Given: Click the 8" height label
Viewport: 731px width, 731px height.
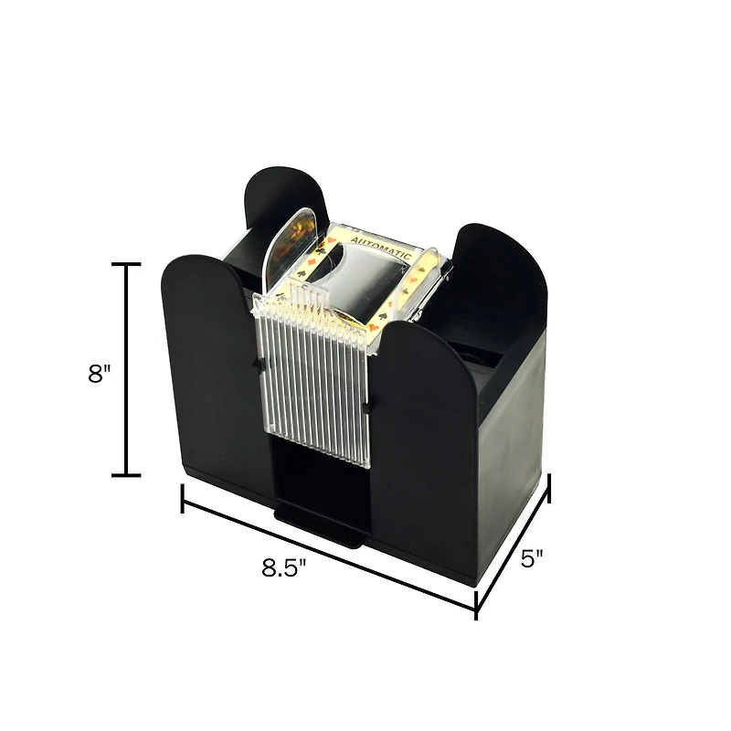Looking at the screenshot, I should [x=99, y=375].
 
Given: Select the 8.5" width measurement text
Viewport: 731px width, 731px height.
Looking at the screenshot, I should [x=284, y=567].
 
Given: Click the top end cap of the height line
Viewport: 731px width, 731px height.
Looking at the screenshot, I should [x=126, y=264].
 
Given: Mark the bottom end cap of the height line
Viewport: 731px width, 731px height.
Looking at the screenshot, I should [x=126, y=475].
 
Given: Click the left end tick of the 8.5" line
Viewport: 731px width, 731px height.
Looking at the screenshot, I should [x=183, y=499].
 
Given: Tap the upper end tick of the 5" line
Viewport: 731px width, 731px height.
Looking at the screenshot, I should [x=548, y=488].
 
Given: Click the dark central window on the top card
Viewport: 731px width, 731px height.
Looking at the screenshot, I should [x=361, y=274].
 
